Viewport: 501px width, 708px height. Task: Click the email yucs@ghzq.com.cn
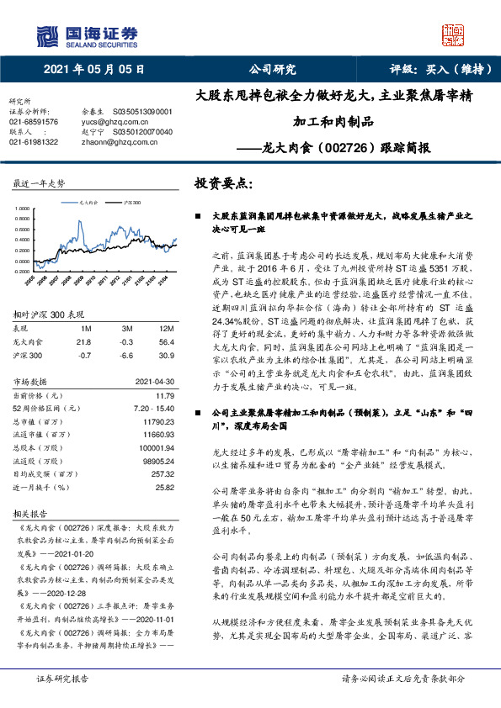click(x=103, y=122)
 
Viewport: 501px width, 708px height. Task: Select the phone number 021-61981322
click(x=34, y=143)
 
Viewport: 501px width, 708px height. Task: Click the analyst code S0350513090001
click(x=142, y=112)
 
